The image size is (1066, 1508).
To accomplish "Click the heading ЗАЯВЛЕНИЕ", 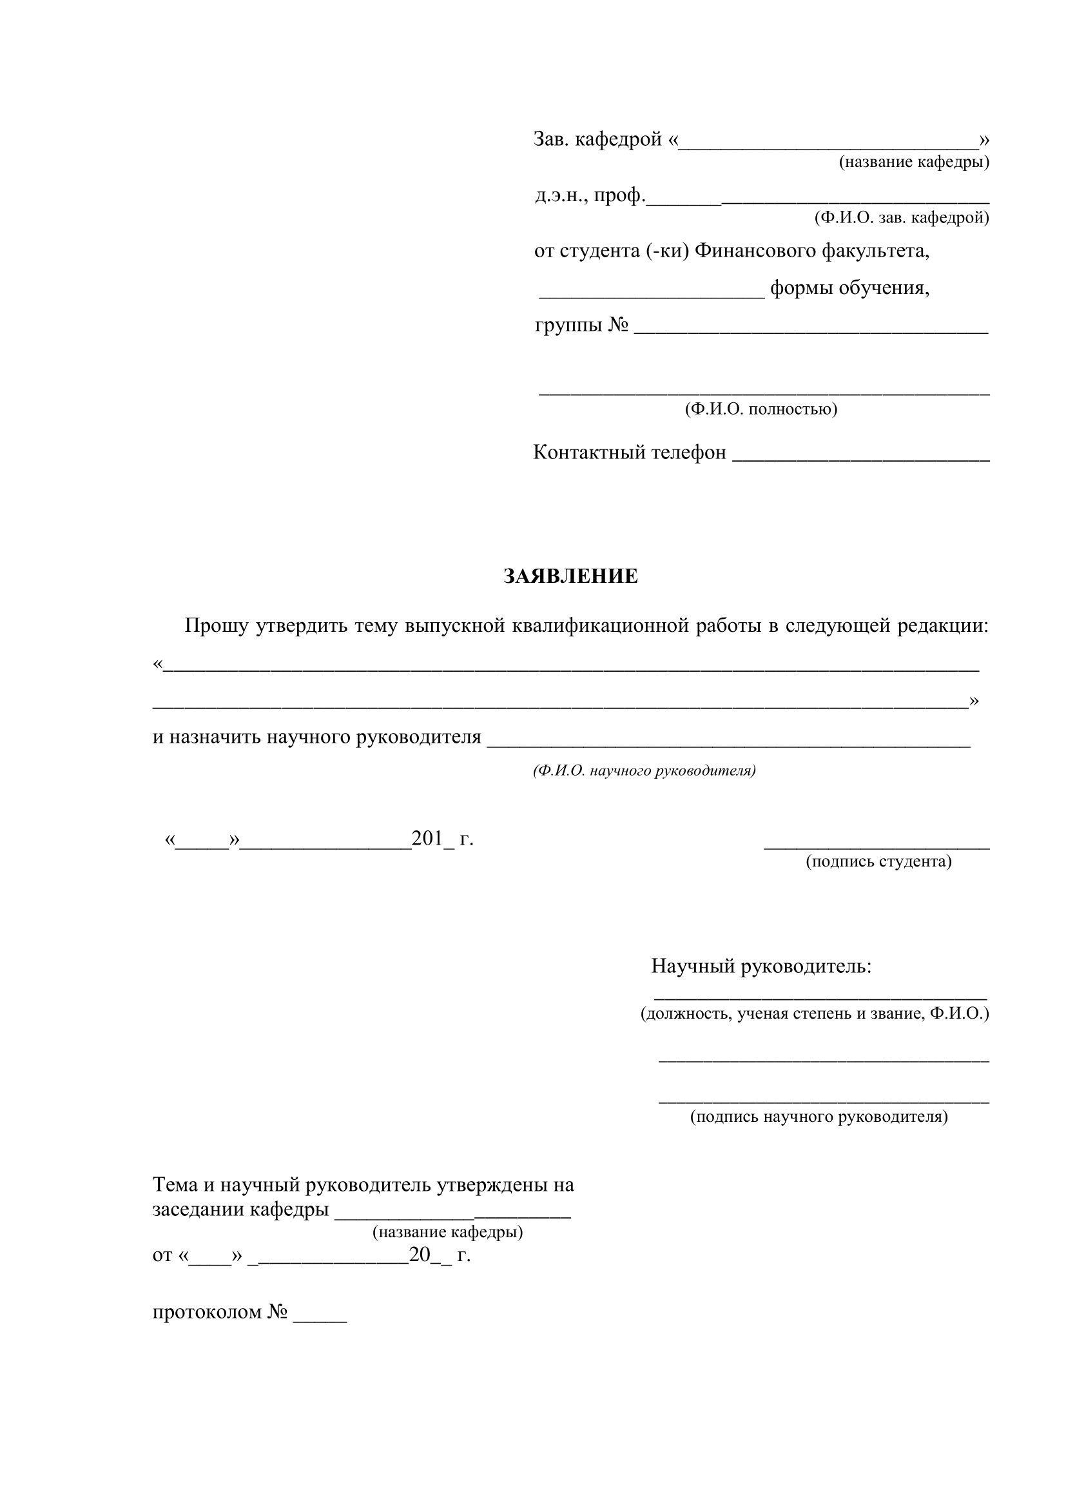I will [x=570, y=576].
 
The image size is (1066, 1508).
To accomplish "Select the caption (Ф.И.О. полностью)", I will [x=761, y=409].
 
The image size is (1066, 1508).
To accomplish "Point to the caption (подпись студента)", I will [x=878, y=861].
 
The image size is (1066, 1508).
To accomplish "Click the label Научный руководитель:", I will [x=761, y=966].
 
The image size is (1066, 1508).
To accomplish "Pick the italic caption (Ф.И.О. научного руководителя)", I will [x=644, y=770].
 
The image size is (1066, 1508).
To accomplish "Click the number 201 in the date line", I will [x=427, y=839].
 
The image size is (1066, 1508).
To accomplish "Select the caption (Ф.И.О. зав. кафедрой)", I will [x=901, y=217].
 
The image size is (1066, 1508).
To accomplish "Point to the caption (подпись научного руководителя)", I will [x=819, y=1117].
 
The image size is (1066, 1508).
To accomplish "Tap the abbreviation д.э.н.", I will [x=561, y=196].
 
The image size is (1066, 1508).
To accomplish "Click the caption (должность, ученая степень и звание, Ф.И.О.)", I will [x=815, y=1013].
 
